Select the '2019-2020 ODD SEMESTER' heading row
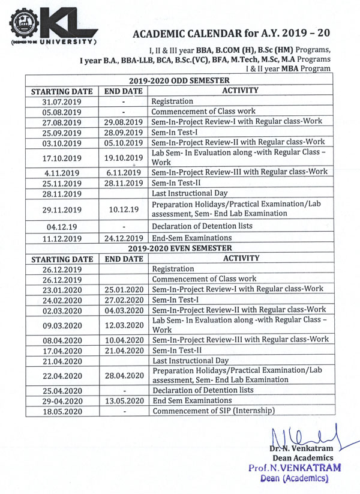click(x=179, y=80)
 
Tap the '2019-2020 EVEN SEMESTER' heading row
click(x=179, y=248)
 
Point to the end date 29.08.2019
click(x=123, y=122)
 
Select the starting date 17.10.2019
click(x=63, y=158)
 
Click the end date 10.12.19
click(x=123, y=209)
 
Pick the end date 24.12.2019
click(x=123, y=238)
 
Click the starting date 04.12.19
click(x=63, y=226)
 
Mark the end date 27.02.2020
click(x=123, y=300)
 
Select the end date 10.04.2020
click(x=123, y=340)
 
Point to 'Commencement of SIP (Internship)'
click(x=213, y=411)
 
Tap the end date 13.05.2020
click(x=123, y=401)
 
